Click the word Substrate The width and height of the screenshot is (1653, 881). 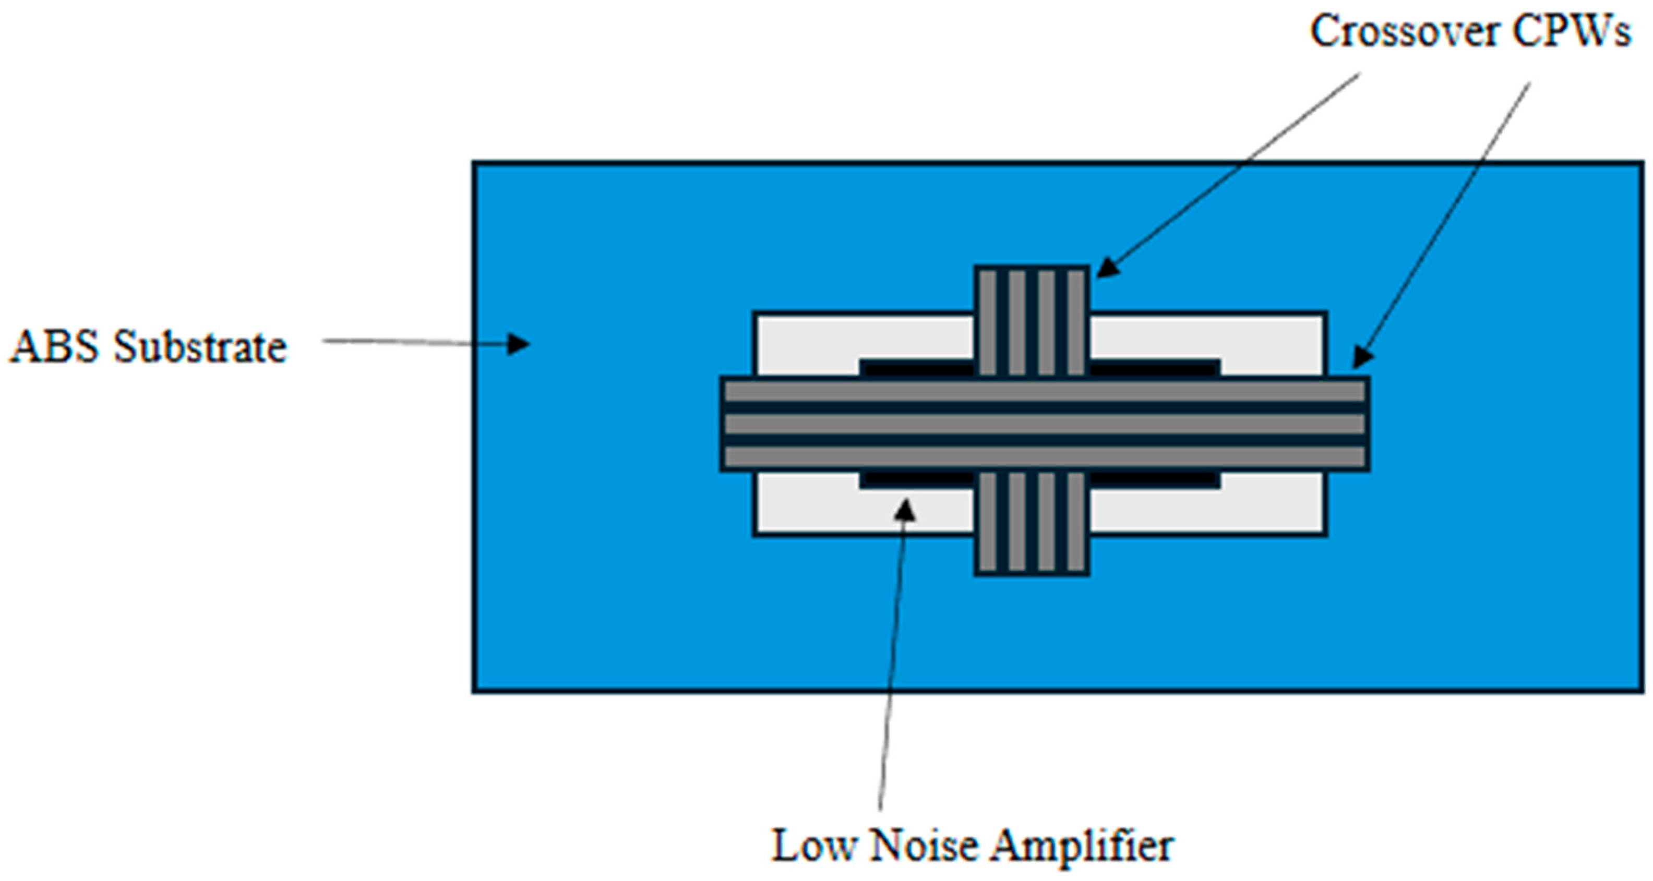[x=199, y=347]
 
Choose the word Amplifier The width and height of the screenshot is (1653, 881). [x=1082, y=845]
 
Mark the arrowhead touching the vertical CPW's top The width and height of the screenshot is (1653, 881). [x=1106, y=269]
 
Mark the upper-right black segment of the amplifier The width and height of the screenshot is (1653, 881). [x=1155, y=368]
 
